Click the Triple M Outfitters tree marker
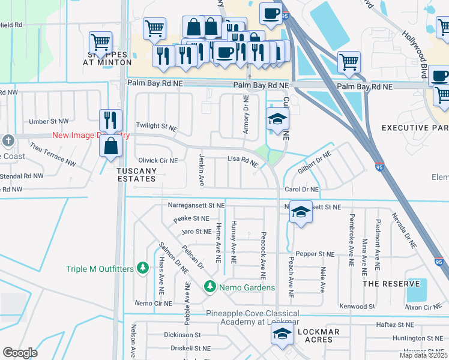click(143, 268)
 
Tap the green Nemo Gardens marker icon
click(209, 287)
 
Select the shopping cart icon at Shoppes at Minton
click(100, 43)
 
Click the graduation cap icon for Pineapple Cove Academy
click(283, 335)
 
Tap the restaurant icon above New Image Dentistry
click(110, 120)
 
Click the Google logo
click(20, 353)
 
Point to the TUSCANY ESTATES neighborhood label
click(136, 175)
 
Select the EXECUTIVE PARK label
click(415, 128)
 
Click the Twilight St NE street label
click(157, 127)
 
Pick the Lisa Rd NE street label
click(243, 161)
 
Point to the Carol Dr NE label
click(301, 189)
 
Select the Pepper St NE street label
click(314, 254)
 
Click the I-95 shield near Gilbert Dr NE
click(379, 168)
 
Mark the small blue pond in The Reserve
click(416, 290)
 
